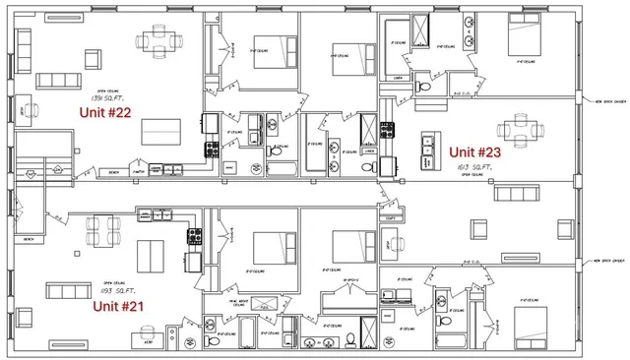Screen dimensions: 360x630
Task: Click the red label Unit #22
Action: (105, 112)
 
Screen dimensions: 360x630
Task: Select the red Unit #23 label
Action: (476, 152)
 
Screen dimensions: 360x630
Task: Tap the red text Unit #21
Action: (118, 306)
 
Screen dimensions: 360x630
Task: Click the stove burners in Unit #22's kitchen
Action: (211, 150)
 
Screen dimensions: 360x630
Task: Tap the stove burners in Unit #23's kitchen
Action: (386, 128)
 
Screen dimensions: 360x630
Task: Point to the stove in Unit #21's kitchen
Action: (194, 236)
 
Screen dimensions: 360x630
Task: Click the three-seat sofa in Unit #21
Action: (66, 292)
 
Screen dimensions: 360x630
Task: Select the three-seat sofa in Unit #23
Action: (516, 191)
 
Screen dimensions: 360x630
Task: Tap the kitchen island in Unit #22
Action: (160, 130)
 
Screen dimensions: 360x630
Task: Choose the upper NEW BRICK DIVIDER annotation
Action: (605, 100)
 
